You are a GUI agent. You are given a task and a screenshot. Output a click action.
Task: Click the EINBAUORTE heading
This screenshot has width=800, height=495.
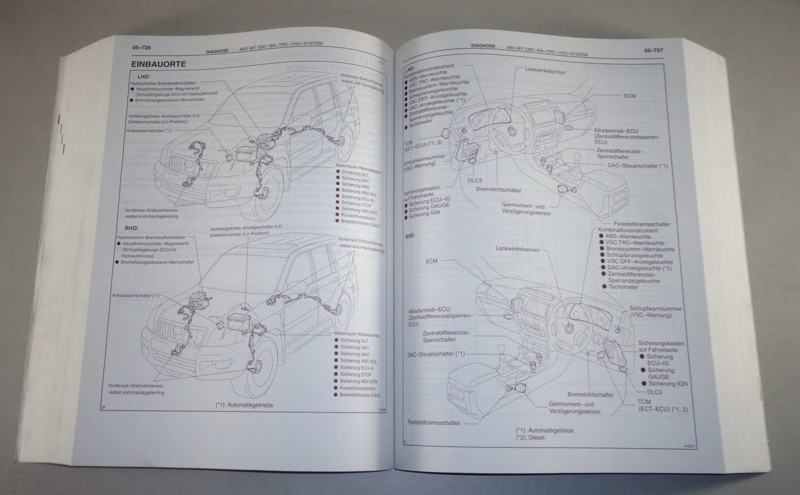158,64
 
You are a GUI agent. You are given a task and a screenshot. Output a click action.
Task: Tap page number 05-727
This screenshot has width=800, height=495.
654,50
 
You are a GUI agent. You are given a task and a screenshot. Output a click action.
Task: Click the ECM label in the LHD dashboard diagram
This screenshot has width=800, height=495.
629,95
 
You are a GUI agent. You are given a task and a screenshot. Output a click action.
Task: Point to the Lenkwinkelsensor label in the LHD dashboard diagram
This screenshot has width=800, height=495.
545,72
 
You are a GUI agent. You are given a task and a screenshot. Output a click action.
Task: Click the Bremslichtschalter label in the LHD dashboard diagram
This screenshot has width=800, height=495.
498,190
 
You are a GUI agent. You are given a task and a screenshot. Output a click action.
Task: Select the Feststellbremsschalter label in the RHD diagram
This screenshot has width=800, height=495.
434,423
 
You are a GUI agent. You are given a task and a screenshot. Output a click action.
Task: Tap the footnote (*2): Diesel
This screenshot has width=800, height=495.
530,438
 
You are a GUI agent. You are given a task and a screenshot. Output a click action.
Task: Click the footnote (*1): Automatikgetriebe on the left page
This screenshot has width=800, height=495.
244,406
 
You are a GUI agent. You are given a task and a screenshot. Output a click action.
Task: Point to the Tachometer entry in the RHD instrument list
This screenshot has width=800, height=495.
623,287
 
